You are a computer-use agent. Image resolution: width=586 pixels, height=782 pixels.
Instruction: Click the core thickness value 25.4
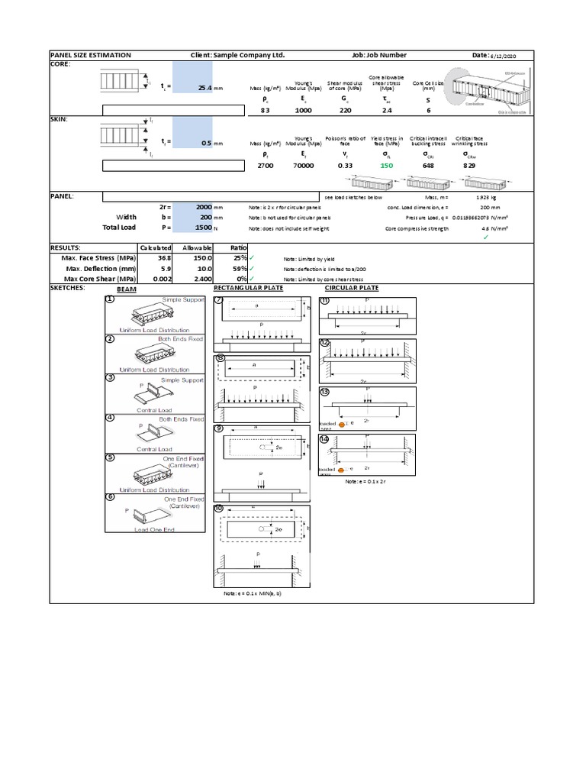[x=206, y=88]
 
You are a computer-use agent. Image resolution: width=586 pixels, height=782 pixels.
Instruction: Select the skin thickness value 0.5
[x=208, y=143]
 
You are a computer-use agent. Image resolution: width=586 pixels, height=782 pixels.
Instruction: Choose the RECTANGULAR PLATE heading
[x=248, y=288]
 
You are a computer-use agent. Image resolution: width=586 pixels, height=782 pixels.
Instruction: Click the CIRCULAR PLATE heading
[x=352, y=288]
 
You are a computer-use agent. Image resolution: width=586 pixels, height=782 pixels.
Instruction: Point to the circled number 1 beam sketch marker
[x=111, y=299]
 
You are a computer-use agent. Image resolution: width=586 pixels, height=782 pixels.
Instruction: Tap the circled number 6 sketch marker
[x=111, y=496]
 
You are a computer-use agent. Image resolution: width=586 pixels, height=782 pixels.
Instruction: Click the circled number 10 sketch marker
[x=220, y=509]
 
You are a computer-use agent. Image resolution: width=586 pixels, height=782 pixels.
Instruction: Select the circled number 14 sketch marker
[x=324, y=437]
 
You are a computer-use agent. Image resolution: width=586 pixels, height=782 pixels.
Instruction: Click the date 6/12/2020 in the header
[x=501, y=56]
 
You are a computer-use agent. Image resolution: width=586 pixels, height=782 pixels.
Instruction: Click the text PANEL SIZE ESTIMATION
[x=91, y=56]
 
